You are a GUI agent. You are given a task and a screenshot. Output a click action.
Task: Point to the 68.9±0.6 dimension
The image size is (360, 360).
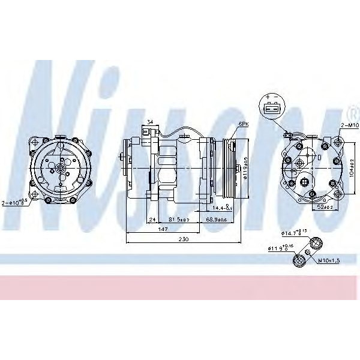(218, 220)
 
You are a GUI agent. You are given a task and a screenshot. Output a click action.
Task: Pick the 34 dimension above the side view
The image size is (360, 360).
(150, 122)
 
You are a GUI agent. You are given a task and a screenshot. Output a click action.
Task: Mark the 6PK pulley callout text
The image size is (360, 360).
(243, 124)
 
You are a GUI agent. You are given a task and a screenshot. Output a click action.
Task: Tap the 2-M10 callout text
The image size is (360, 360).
(349, 125)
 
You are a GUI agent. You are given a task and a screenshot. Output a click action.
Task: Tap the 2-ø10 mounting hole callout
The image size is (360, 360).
(16, 203)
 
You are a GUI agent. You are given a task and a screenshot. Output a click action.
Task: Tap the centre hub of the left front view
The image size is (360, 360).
(61, 170)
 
